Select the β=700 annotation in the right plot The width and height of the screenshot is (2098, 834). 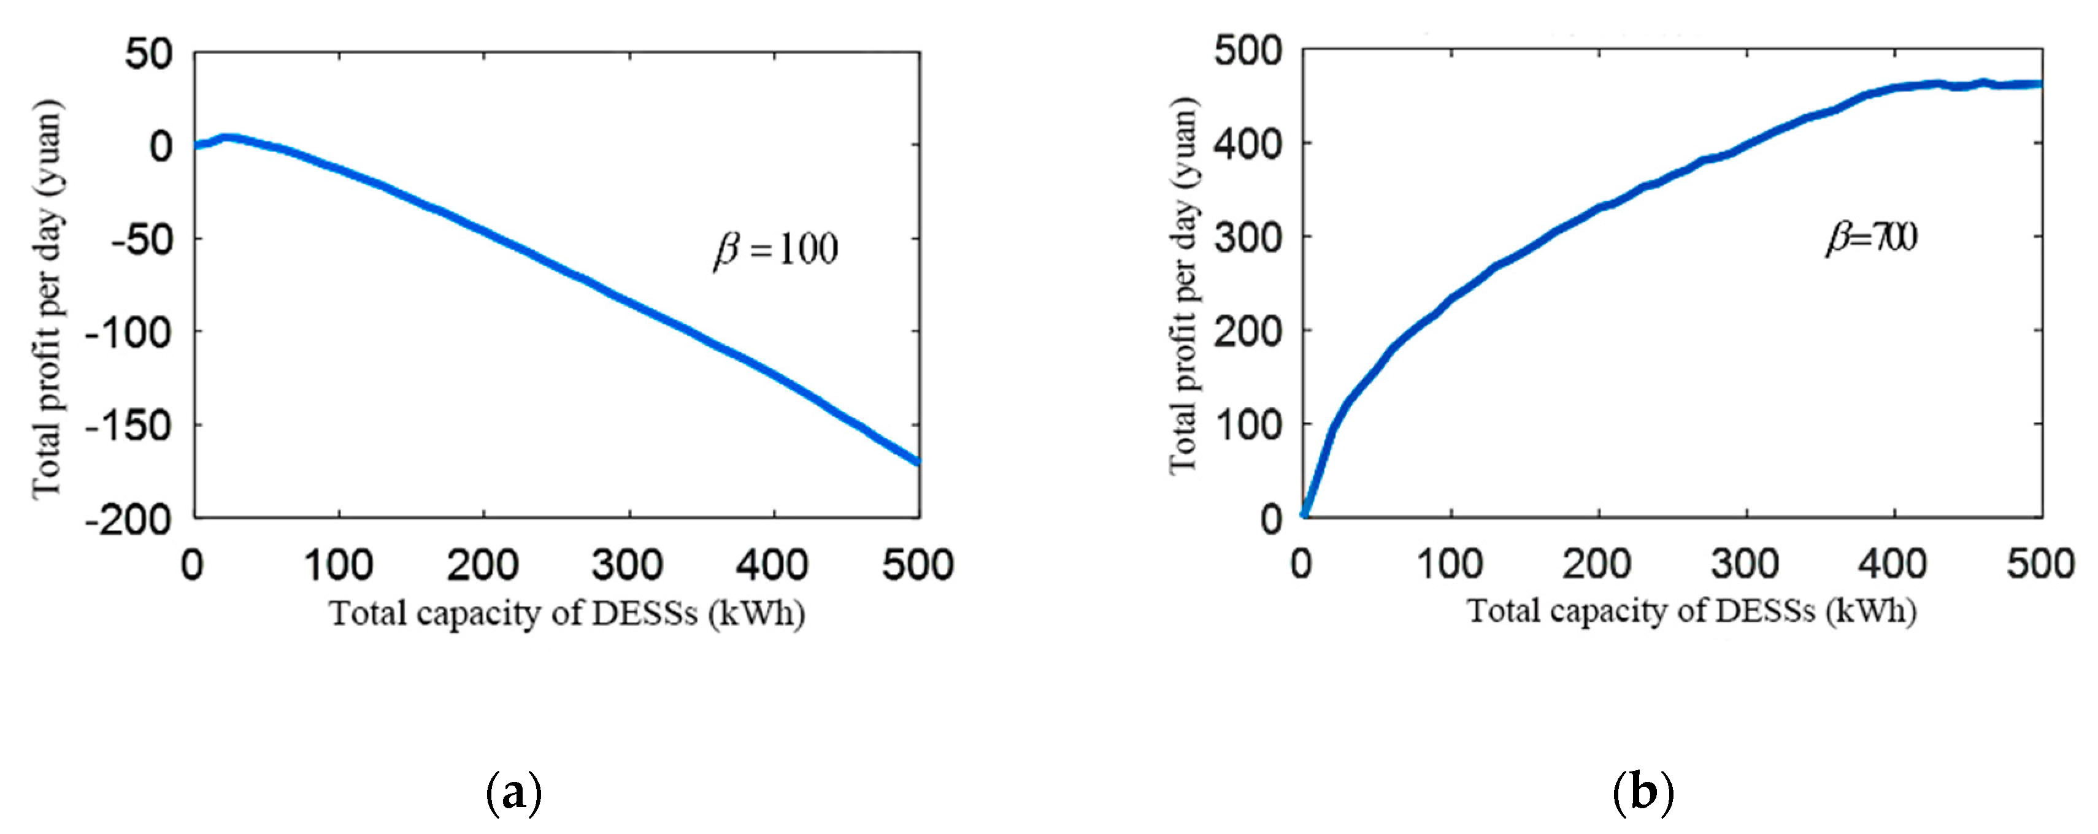1872,237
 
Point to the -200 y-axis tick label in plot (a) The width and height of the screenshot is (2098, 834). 129,519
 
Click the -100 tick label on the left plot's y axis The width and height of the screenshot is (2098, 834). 129,332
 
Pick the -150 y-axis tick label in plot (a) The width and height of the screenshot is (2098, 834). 129,425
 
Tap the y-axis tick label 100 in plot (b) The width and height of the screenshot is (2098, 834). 1248,424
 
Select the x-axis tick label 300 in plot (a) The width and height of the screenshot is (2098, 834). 628,564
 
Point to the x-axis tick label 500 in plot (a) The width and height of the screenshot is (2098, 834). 918,564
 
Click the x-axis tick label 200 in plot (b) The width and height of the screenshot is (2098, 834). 1597,564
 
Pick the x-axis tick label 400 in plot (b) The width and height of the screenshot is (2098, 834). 1892,564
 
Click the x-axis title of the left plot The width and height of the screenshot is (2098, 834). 567,613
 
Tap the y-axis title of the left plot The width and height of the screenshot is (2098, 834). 47,299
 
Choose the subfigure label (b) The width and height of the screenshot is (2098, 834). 1643,791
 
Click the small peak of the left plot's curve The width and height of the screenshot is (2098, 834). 228,137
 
